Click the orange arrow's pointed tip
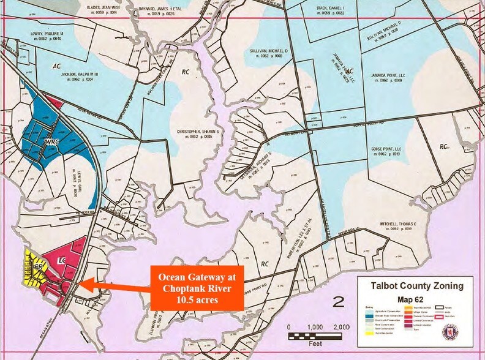pyautogui.click(x=81, y=283)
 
